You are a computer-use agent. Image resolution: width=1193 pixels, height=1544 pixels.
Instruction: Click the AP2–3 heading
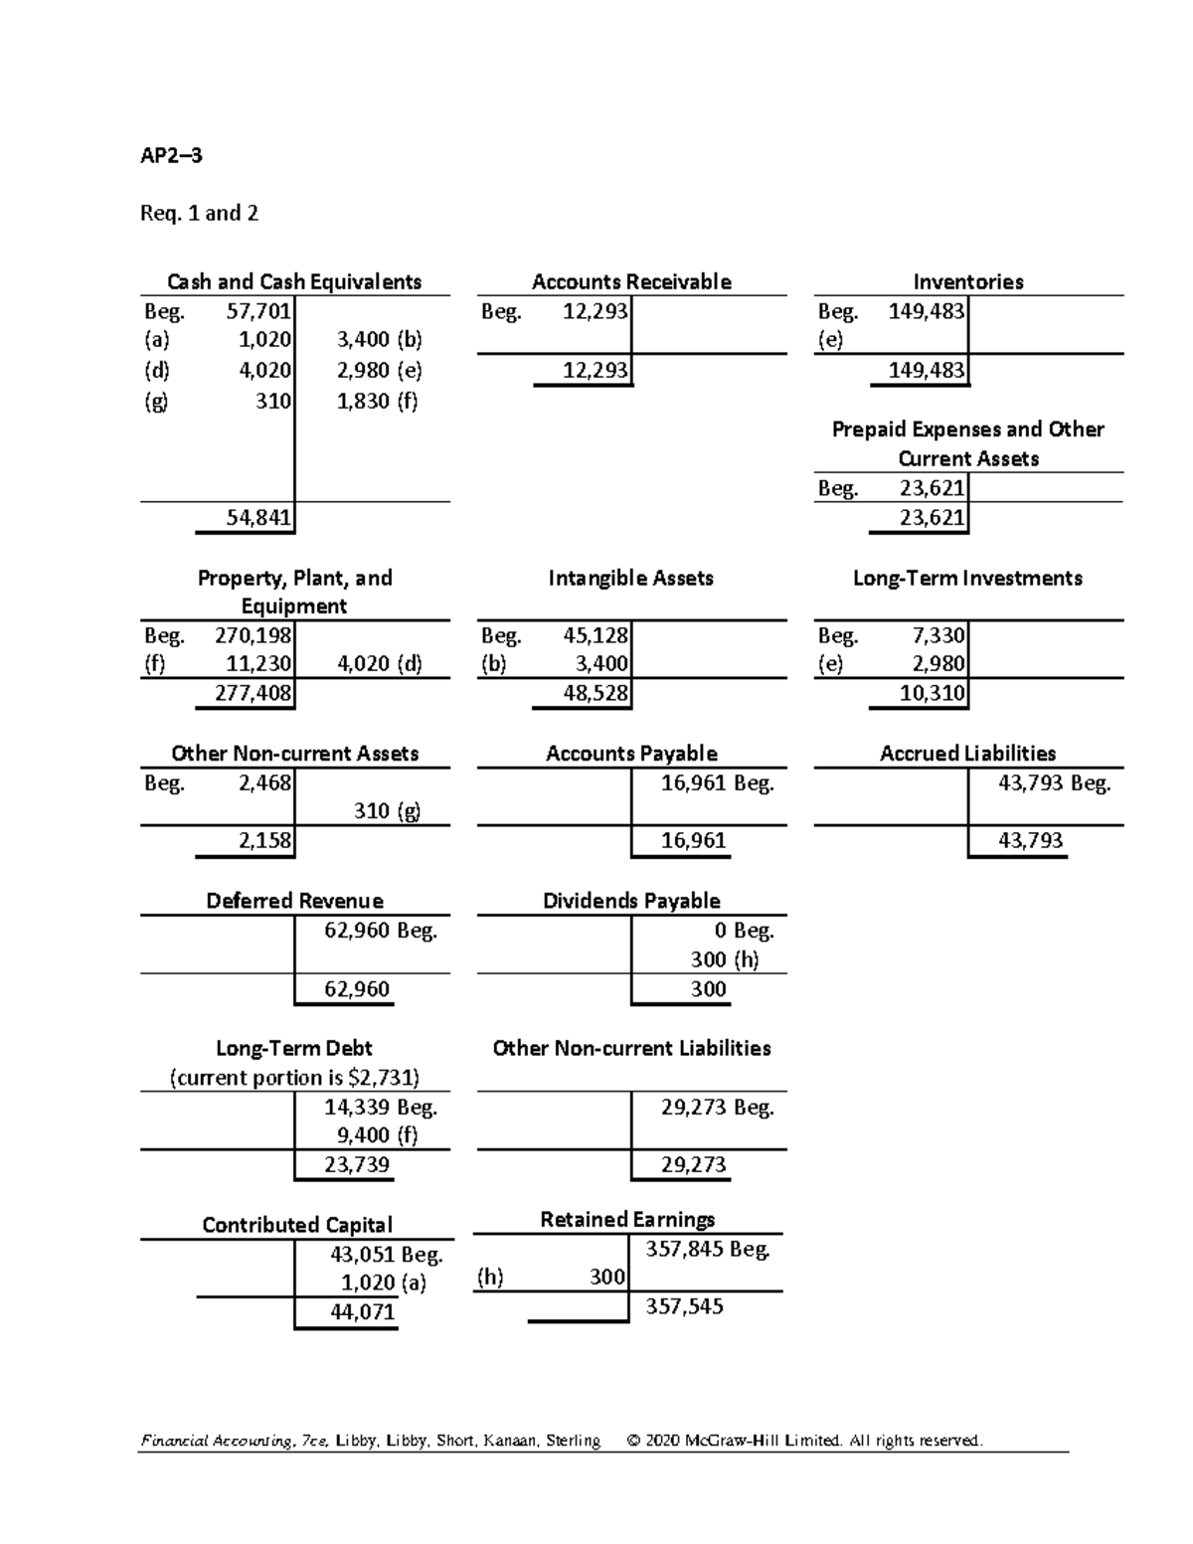pos(171,155)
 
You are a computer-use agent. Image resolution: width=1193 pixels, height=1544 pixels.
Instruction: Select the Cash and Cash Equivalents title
pos(294,281)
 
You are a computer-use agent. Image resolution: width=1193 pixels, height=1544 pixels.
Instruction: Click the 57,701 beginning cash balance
pos(258,311)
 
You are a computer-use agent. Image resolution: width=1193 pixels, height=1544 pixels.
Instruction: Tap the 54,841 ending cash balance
pos(258,517)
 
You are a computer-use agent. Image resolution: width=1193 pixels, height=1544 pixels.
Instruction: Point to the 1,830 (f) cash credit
pos(378,401)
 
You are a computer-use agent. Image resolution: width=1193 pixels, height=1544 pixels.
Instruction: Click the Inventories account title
pos(968,281)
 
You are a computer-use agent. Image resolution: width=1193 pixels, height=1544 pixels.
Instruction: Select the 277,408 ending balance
pos(255,693)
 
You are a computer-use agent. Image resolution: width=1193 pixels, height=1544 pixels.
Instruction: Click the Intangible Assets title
pos(631,578)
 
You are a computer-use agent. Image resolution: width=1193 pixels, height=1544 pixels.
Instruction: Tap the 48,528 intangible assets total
pos(596,693)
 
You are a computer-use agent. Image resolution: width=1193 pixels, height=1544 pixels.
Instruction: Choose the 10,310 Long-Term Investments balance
pos(933,693)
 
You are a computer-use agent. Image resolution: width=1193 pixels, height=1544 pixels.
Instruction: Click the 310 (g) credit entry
pos(387,810)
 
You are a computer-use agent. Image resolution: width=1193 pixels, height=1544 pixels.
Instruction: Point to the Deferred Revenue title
pos(294,901)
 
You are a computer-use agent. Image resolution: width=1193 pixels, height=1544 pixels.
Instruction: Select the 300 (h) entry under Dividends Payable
pos(725,959)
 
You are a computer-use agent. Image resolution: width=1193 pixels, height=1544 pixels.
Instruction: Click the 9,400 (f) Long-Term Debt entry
pos(377,1135)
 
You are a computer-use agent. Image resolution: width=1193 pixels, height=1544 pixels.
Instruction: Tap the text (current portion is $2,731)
pos(294,1078)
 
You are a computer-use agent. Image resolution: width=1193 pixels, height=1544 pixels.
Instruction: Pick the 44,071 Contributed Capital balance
pos(363,1312)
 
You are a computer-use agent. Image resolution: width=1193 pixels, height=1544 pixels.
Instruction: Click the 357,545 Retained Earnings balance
pos(685,1306)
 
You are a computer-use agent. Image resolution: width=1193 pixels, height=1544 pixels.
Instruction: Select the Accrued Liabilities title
pos(968,754)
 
